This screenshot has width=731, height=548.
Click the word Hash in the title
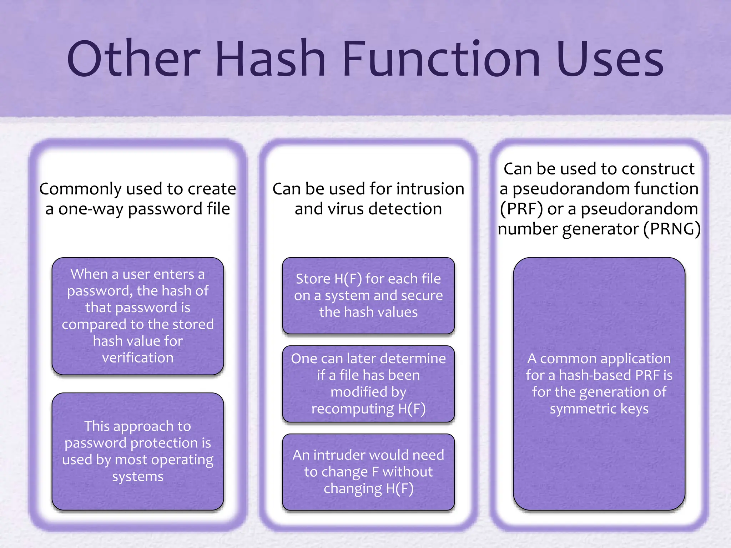coord(270,59)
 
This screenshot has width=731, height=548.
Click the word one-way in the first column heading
coord(91,209)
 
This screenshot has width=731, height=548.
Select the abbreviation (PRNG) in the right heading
coord(672,229)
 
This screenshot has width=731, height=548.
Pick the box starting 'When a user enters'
coord(138,316)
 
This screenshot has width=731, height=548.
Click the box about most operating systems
coord(138,451)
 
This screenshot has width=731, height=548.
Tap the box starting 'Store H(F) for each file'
coord(368,295)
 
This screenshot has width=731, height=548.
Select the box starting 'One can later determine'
coord(368,384)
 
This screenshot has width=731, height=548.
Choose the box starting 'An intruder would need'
coord(368,472)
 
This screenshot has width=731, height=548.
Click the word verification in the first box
coord(138,357)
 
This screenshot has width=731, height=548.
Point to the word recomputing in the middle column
coord(352,409)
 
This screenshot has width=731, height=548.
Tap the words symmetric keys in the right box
coord(599,409)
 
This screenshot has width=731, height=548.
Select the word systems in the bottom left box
coord(138,477)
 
